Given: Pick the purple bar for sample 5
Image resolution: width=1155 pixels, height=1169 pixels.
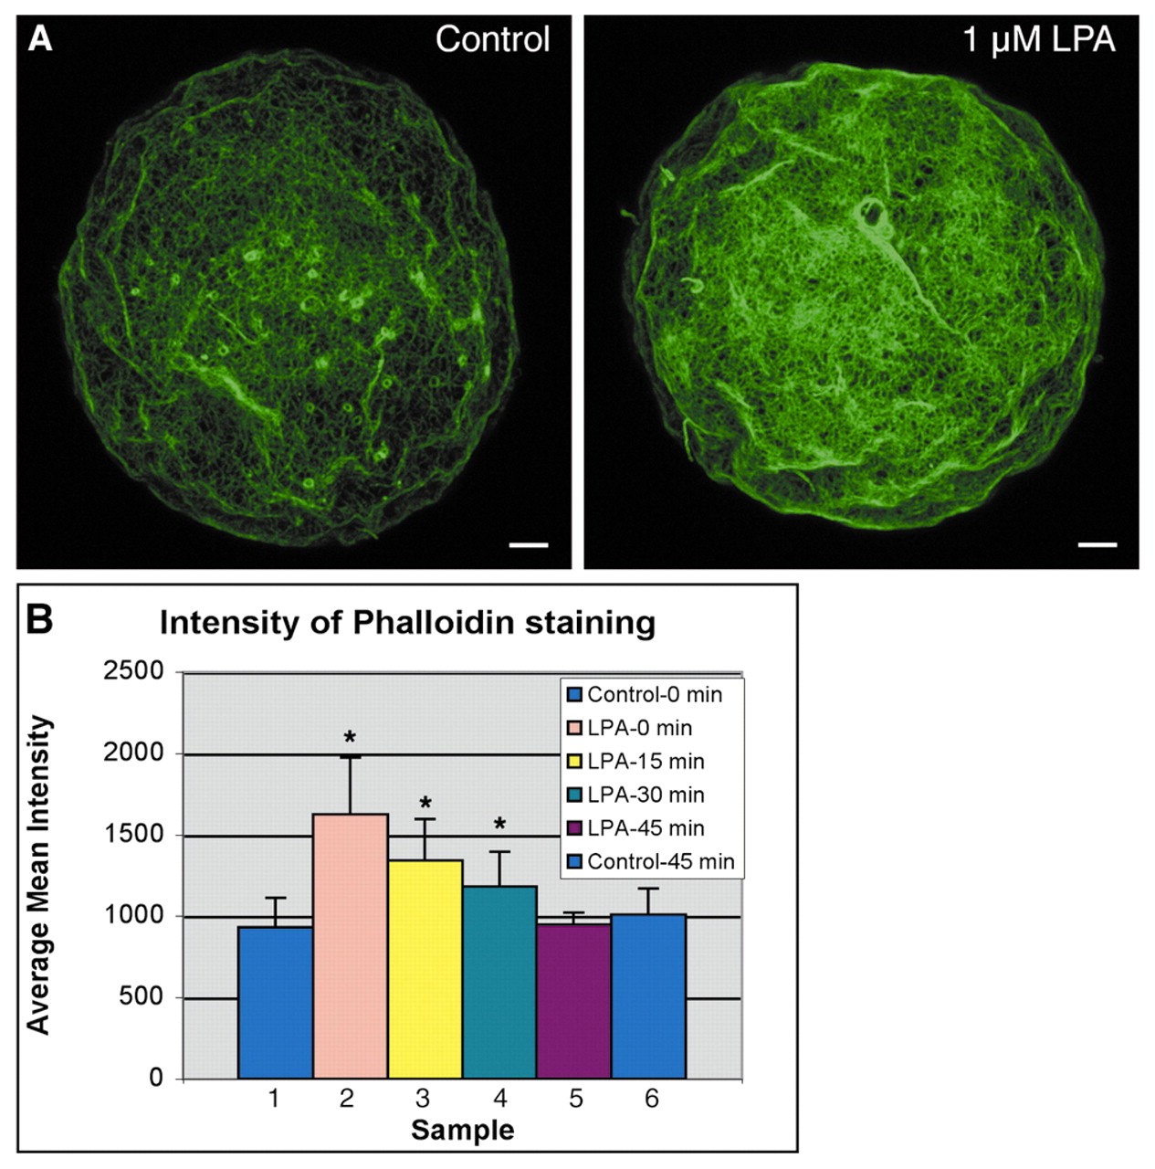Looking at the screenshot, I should pyautogui.click(x=574, y=1000).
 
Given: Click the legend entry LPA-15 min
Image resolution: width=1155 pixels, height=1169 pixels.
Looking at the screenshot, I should pyautogui.click(x=646, y=762).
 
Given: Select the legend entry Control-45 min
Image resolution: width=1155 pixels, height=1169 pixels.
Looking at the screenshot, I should pyautogui.click(x=660, y=862).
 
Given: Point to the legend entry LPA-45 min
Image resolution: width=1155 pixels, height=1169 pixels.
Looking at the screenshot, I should pyautogui.click(x=646, y=828).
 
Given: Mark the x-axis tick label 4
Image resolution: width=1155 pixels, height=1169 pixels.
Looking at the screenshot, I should pyautogui.click(x=499, y=1098).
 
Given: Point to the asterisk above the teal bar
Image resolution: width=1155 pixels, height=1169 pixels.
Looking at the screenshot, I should pyautogui.click(x=499, y=825).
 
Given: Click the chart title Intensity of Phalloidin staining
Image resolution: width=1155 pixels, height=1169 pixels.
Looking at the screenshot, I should pyautogui.click(x=407, y=623).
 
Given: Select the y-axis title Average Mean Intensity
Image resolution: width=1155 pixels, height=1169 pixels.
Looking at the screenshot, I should pyautogui.click(x=38, y=875).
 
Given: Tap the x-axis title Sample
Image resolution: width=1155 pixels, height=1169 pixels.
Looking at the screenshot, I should pyautogui.click(x=462, y=1130).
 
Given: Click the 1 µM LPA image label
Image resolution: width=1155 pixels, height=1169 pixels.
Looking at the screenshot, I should pyautogui.click(x=1039, y=40).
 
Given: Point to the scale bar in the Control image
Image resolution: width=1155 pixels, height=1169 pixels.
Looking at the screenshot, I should pyautogui.click(x=529, y=545).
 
